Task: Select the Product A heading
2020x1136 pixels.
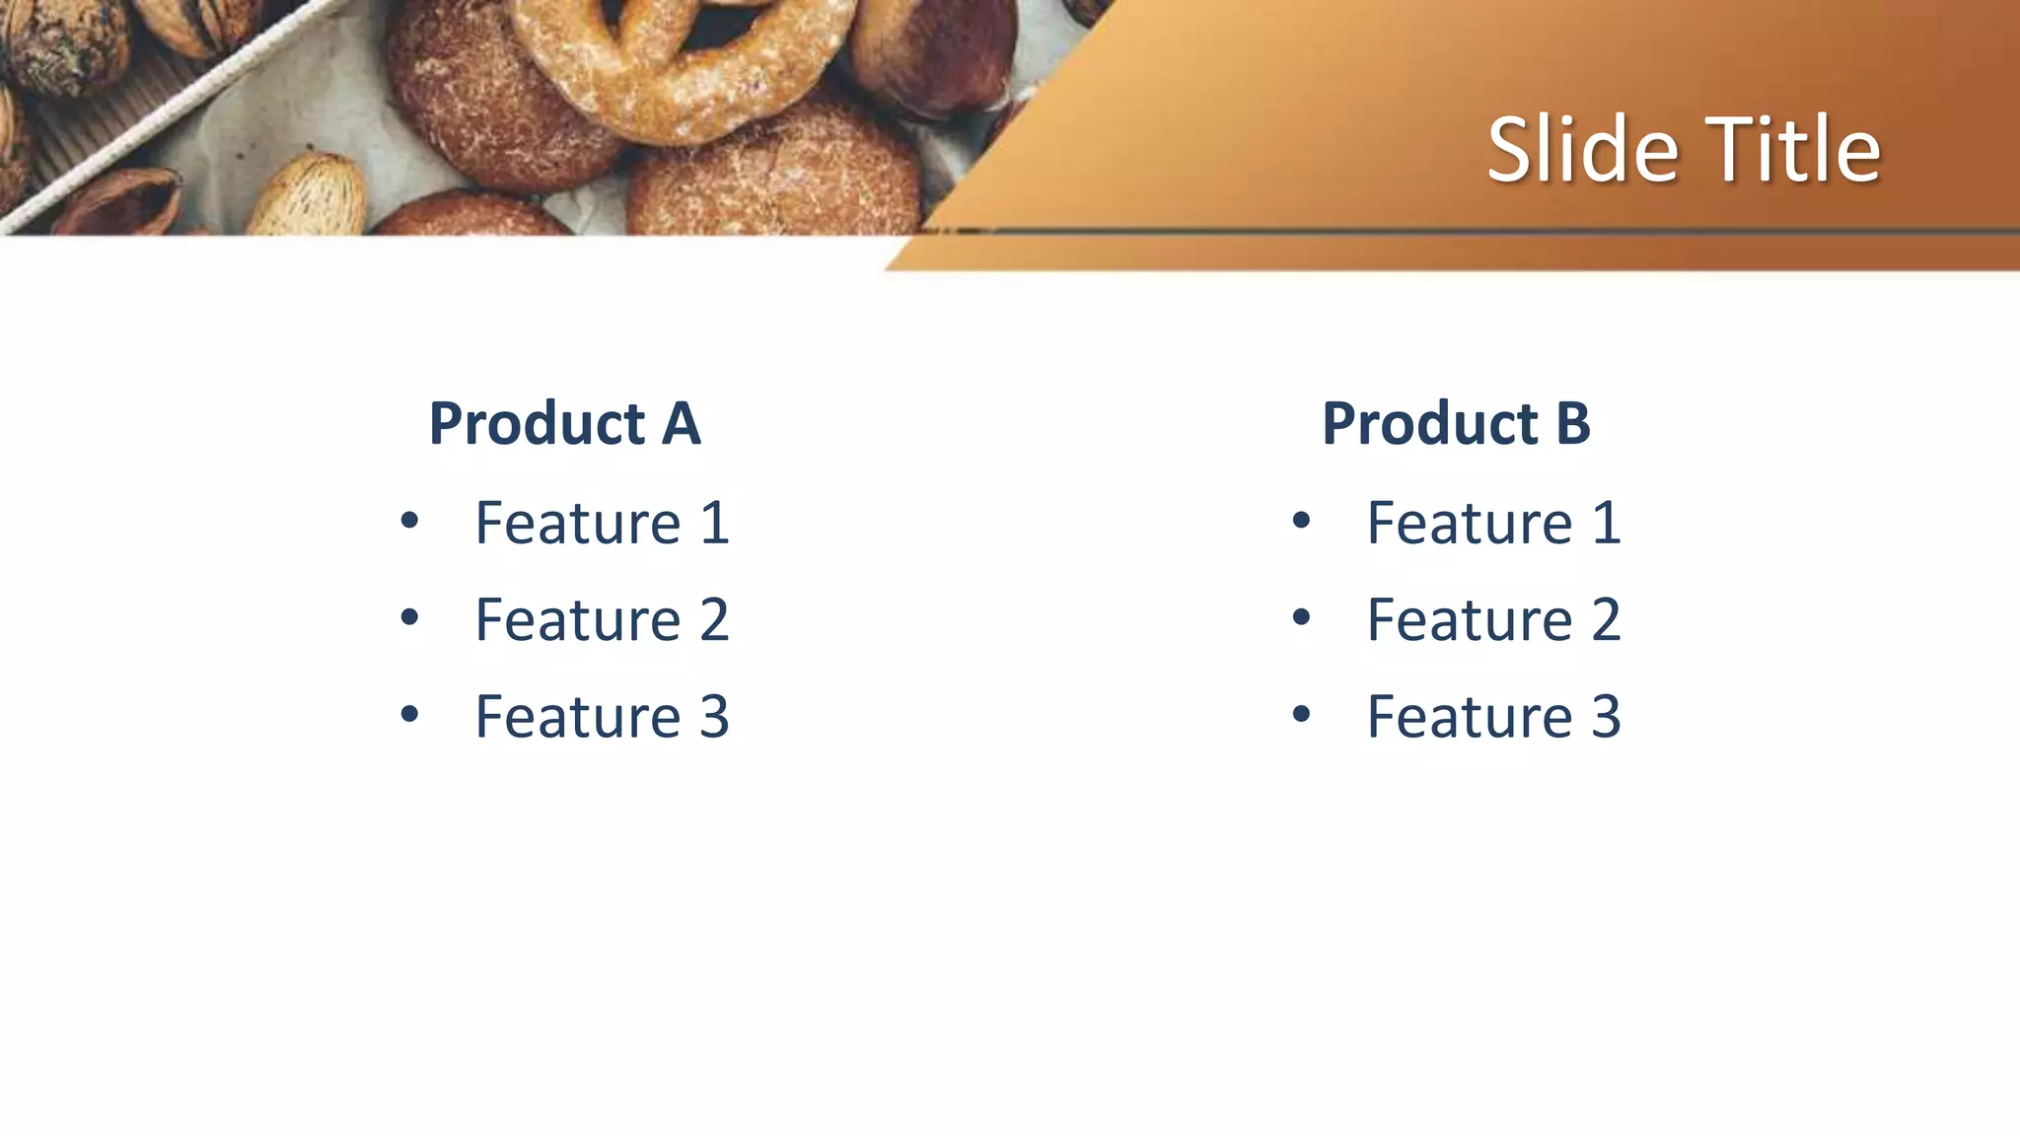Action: (564, 424)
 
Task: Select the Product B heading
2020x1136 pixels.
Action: (1456, 424)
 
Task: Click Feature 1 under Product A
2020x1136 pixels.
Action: (602, 523)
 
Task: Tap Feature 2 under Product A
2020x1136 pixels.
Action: (602, 620)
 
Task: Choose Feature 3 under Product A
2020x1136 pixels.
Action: (602, 717)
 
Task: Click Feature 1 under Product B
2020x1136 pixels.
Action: (1493, 523)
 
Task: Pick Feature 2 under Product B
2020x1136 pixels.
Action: (1493, 620)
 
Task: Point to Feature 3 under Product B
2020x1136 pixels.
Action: (1493, 717)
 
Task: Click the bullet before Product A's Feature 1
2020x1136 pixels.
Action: (409, 520)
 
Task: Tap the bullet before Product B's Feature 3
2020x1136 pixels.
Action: (1301, 714)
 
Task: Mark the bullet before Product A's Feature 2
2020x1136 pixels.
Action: (409, 617)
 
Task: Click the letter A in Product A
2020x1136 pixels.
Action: (681, 424)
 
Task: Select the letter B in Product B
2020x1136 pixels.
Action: (1573, 424)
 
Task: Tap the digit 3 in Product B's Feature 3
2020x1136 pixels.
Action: (1606, 717)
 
